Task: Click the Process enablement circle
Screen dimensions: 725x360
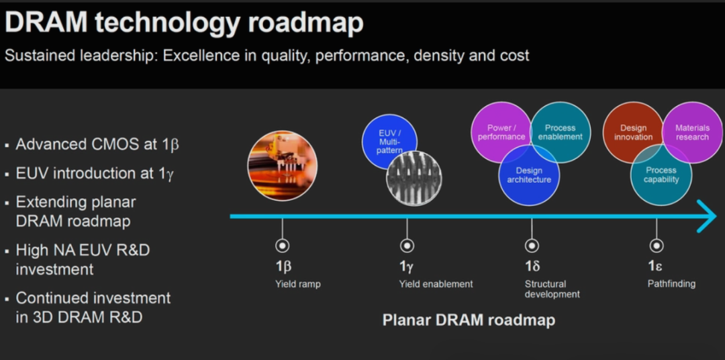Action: click(561, 132)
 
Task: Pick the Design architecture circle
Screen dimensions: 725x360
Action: click(529, 175)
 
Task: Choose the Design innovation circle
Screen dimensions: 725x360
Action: click(632, 132)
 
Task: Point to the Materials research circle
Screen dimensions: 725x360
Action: click(692, 132)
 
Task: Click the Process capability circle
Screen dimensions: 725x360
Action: click(661, 175)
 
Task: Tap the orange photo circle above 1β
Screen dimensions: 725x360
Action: click(283, 165)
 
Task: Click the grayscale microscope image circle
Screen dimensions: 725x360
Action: click(414, 179)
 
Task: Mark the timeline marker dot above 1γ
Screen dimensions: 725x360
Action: click(407, 246)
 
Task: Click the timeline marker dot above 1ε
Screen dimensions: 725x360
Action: click(656, 246)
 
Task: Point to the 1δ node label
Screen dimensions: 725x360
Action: click(532, 266)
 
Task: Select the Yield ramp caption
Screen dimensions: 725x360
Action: click(298, 284)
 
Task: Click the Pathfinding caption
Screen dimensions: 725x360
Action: click(671, 283)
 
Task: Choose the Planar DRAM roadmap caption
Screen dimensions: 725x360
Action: click(469, 320)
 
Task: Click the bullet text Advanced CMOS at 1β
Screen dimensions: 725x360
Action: click(97, 144)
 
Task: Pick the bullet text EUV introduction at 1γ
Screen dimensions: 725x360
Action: click(95, 173)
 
